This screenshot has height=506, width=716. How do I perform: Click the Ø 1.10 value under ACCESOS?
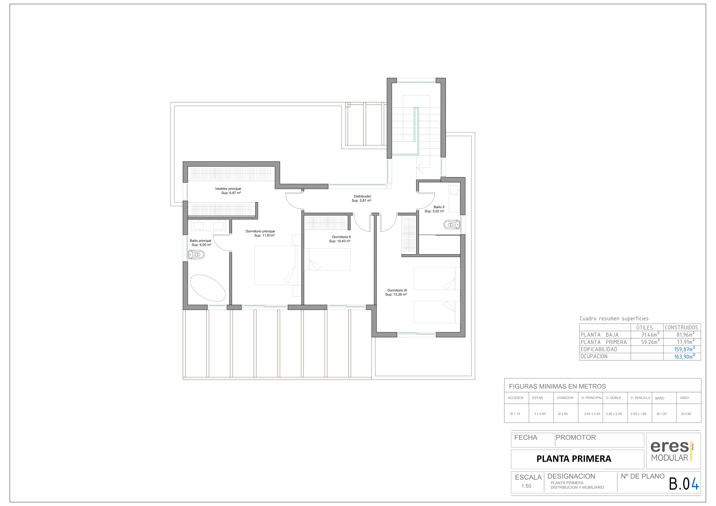[515, 414]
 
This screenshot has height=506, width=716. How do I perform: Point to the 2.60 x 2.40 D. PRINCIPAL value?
[592, 414]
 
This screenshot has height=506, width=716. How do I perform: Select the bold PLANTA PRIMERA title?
[574, 459]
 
